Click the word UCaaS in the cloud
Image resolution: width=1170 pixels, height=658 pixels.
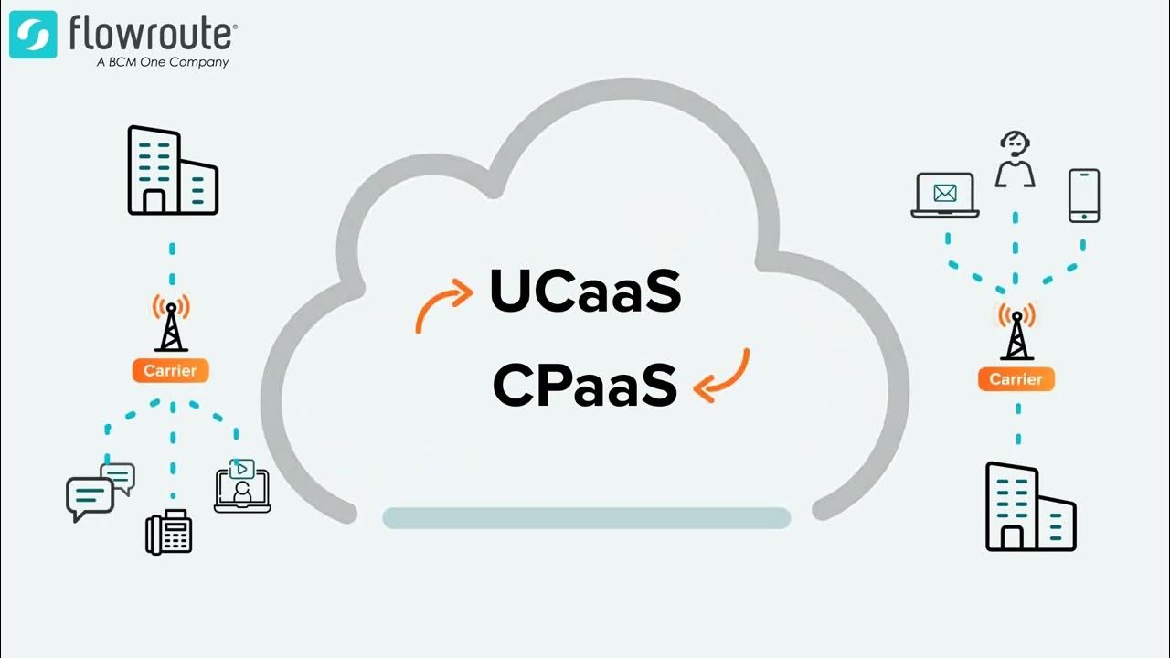pos(585,291)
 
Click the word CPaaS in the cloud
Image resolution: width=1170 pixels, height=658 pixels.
pos(585,386)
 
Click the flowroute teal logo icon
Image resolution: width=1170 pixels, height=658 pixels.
pos(33,35)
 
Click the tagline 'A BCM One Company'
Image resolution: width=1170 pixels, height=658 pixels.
pos(162,63)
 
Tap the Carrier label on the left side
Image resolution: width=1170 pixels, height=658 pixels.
pos(170,371)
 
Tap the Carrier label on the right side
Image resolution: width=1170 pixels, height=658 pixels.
pos(1016,379)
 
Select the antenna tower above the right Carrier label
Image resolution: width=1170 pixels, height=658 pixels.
pos(1016,331)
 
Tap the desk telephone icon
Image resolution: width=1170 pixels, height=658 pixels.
pos(169,532)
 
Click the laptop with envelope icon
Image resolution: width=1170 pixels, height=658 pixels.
pos(944,196)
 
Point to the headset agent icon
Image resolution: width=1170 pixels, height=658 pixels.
pos(1015,159)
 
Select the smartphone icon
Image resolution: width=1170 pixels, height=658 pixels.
pos(1084,195)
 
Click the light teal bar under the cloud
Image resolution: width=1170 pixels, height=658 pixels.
pos(586,518)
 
